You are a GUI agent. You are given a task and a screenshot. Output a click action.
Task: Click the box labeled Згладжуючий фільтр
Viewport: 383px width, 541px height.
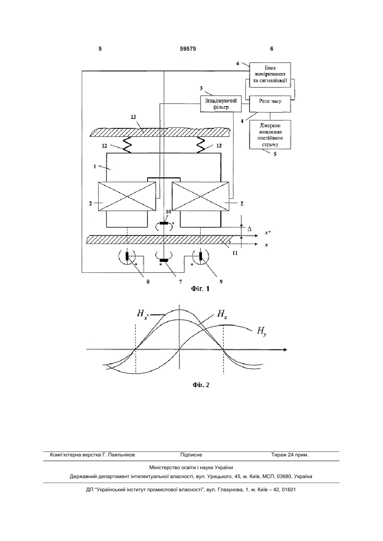[x=221, y=104]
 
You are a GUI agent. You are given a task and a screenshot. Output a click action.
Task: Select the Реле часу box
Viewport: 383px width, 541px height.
[x=270, y=104]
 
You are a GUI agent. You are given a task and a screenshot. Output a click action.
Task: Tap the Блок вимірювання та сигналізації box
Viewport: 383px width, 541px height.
[x=270, y=74]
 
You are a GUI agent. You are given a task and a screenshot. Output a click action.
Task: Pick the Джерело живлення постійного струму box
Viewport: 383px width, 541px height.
[x=270, y=135]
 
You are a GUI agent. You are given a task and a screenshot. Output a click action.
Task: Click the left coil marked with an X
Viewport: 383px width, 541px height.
[x=127, y=196]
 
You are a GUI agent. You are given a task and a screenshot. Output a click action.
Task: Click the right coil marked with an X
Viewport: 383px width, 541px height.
[x=200, y=196]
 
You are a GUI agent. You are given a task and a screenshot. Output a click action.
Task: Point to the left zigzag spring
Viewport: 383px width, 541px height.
[x=127, y=145]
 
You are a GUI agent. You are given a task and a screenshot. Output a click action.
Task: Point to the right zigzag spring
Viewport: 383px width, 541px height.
[x=201, y=145]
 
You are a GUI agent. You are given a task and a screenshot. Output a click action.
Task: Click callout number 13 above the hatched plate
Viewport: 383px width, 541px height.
[x=133, y=117]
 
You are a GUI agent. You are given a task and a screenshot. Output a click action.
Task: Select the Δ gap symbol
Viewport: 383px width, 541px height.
[x=250, y=229]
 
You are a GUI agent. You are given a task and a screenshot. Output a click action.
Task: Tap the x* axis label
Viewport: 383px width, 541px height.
[x=267, y=233]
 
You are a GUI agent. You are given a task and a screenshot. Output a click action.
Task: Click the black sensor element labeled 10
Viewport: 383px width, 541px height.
[x=164, y=223]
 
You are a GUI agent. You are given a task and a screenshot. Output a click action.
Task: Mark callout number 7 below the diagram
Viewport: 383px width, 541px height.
[x=180, y=282]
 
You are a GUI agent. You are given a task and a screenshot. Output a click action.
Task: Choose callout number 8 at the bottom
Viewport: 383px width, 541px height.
[x=148, y=282]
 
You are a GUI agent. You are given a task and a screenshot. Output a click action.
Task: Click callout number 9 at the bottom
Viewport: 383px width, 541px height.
[x=221, y=282]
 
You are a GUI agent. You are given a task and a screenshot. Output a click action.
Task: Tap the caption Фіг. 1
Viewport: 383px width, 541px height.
[x=200, y=289]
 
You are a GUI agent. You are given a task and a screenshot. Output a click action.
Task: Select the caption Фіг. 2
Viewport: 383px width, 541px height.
[x=201, y=385]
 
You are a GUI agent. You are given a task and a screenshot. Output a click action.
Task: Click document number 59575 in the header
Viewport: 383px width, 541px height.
[x=188, y=49]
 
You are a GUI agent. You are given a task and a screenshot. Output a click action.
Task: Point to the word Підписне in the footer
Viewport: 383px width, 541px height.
[x=191, y=455]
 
